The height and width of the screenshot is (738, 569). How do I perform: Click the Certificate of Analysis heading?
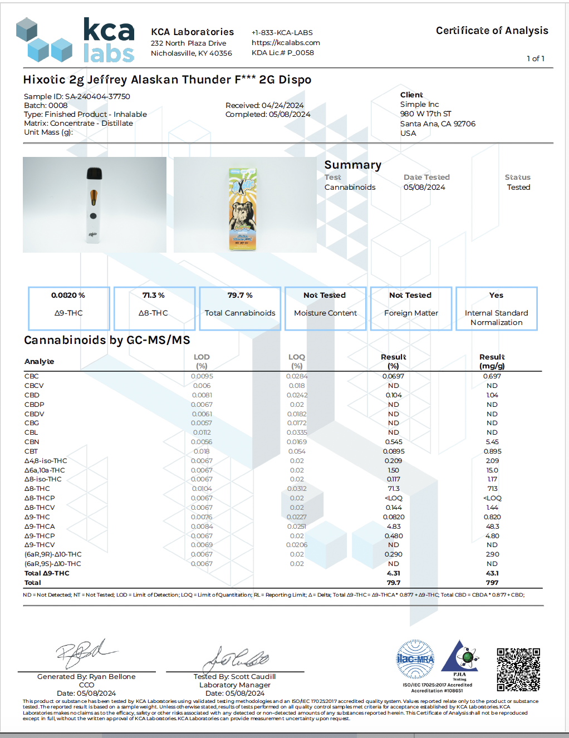(x=492, y=31)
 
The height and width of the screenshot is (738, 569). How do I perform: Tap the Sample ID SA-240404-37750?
(x=77, y=96)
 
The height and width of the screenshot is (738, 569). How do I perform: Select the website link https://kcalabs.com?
(x=286, y=42)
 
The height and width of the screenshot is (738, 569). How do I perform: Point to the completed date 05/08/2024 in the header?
(x=290, y=114)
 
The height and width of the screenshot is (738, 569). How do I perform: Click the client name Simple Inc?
(x=419, y=104)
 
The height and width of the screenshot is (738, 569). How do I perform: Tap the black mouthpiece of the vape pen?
(x=94, y=174)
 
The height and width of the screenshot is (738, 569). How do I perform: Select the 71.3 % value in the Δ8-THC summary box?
(x=153, y=296)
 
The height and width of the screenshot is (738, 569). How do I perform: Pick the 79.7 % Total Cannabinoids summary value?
(x=240, y=296)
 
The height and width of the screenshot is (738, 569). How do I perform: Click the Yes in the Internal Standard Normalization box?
(x=496, y=296)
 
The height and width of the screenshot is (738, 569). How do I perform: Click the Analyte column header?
(x=39, y=361)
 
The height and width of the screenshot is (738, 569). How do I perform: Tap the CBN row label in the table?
(x=32, y=442)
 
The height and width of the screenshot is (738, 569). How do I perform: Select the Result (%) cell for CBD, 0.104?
(x=394, y=395)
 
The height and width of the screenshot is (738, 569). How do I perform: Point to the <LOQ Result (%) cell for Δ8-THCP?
(x=394, y=498)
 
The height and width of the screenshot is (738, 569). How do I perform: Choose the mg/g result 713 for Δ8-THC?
(x=492, y=489)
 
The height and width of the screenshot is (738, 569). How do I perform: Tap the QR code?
(x=518, y=670)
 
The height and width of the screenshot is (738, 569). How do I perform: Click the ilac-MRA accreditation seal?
(x=415, y=659)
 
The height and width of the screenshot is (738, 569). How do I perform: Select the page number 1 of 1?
(x=535, y=58)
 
